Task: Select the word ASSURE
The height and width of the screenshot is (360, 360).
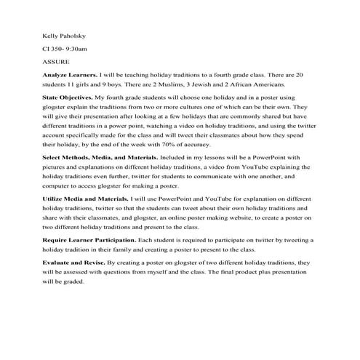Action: point(55,63)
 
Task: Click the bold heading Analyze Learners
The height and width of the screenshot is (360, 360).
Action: point(68,75)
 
